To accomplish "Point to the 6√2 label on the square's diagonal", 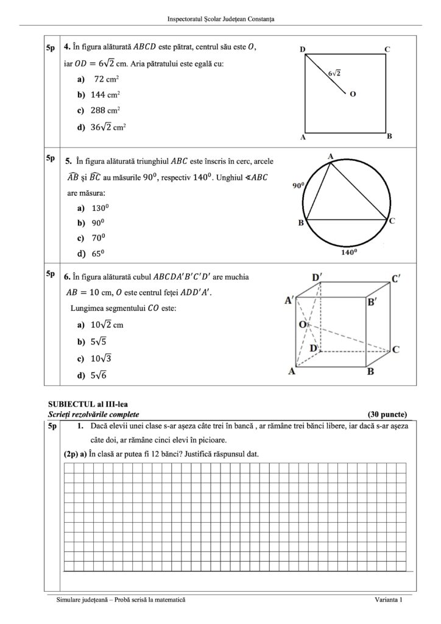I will (x=334, y=73).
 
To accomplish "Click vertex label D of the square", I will (x=302, y=49).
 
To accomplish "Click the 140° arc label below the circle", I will (x=348, y=250).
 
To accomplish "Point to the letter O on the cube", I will (x=301, y=325).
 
